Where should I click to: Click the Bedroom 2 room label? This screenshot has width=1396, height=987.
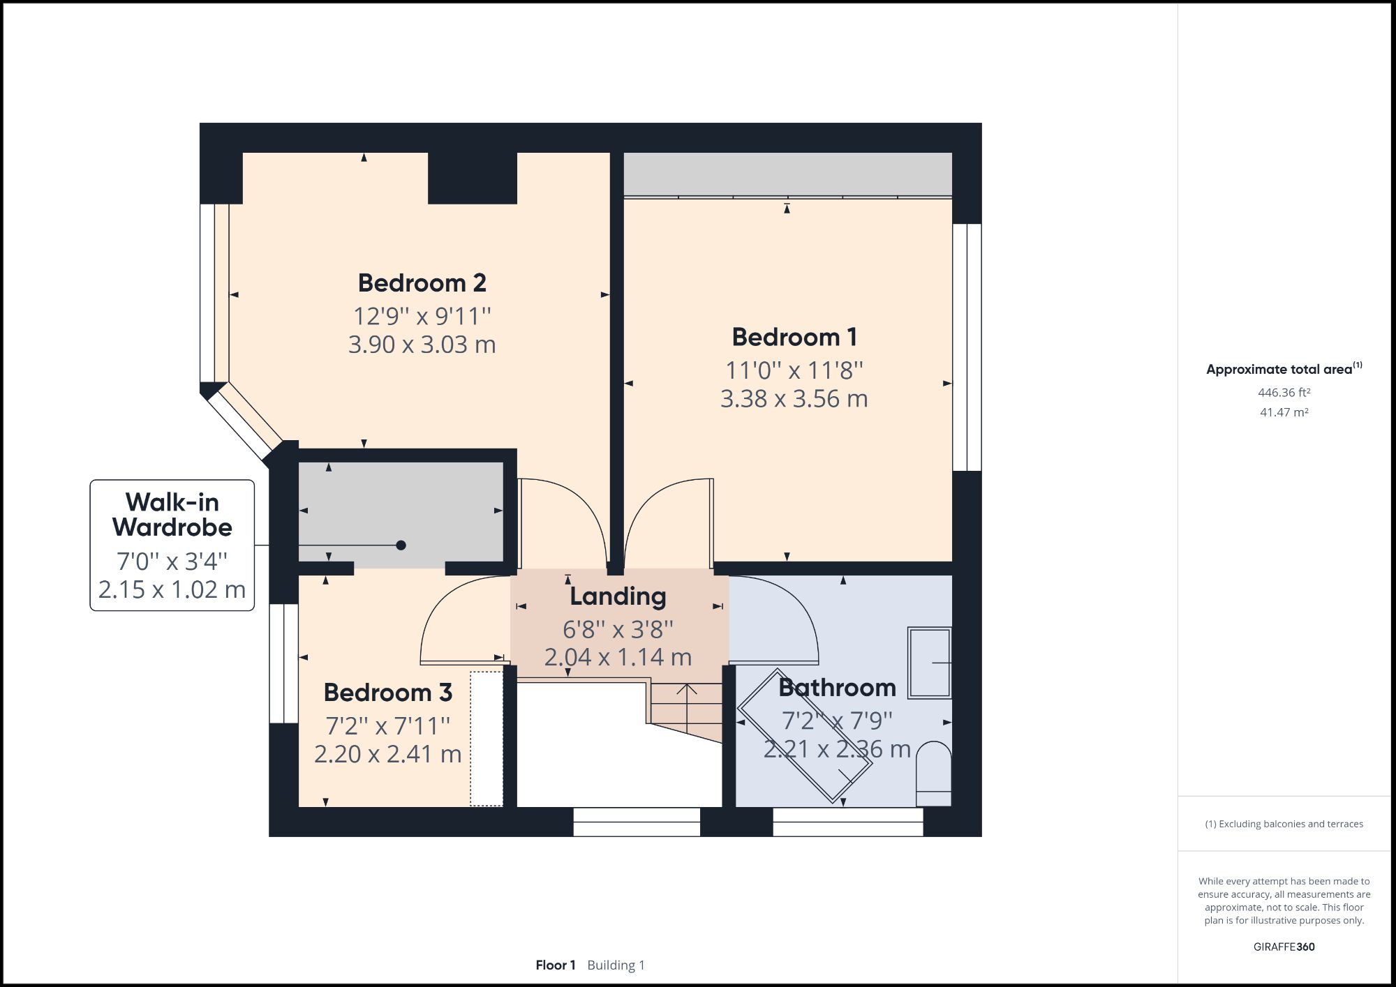point(422,283)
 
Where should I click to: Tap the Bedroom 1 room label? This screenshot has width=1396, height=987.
point(794,338)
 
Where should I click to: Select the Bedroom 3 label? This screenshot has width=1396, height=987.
point(388,693)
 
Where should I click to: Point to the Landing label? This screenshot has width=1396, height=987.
point(618,596)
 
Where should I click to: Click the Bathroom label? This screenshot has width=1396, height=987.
point(837,688)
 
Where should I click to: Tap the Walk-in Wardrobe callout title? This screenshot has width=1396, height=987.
point(172,515)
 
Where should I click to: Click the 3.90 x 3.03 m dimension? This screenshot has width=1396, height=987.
point(422,345)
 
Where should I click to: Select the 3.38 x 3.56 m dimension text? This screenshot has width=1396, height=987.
point(794,399)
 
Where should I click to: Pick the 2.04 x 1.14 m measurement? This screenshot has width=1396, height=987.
point(618,657)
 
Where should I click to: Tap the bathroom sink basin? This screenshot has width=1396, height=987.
point(929,663)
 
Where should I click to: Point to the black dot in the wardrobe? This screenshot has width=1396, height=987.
point(401,545)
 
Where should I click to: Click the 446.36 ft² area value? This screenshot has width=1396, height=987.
point(1284,393)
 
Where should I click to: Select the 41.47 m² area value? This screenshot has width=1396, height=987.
point(1284,412)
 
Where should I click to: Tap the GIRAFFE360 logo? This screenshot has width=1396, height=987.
point(1284,947)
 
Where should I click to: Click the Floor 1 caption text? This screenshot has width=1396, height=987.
point(556,965)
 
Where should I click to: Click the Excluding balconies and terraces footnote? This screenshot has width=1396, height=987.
point(1284,824)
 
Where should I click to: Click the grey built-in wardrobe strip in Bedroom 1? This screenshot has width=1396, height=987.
point(787,174)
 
